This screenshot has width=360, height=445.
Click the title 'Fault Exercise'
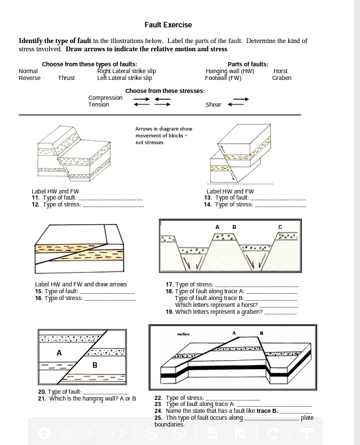click(168, 25)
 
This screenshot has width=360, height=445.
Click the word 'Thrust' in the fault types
click(66, 78)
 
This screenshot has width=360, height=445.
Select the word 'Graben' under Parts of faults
click(281, 78)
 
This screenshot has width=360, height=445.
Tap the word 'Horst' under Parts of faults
click(280, 71)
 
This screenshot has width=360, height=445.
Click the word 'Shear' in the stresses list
click(213, 105)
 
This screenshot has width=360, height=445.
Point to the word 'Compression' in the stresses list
click(105, 98)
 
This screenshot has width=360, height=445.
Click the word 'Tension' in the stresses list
click(98, 105)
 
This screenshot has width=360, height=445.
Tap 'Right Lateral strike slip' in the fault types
click(126, 71)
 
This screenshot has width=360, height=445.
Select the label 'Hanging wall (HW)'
click(230, 71)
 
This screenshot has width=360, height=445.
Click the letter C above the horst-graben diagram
click(280, 227)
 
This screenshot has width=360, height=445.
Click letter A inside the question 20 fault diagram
click(59, 353)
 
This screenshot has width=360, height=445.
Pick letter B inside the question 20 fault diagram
click(95, 365)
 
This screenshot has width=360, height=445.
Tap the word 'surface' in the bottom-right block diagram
click(183, 334)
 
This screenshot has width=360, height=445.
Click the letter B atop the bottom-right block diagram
click(262, 333)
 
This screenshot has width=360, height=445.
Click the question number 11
click(36, 198)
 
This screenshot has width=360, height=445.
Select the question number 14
click(208, 204)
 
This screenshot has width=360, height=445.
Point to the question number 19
click(169, 312)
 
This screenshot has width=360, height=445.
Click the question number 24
click(158, 411)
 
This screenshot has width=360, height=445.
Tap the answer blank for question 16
click(110, 299)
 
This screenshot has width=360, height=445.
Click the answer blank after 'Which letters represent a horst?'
click(279, 306)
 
